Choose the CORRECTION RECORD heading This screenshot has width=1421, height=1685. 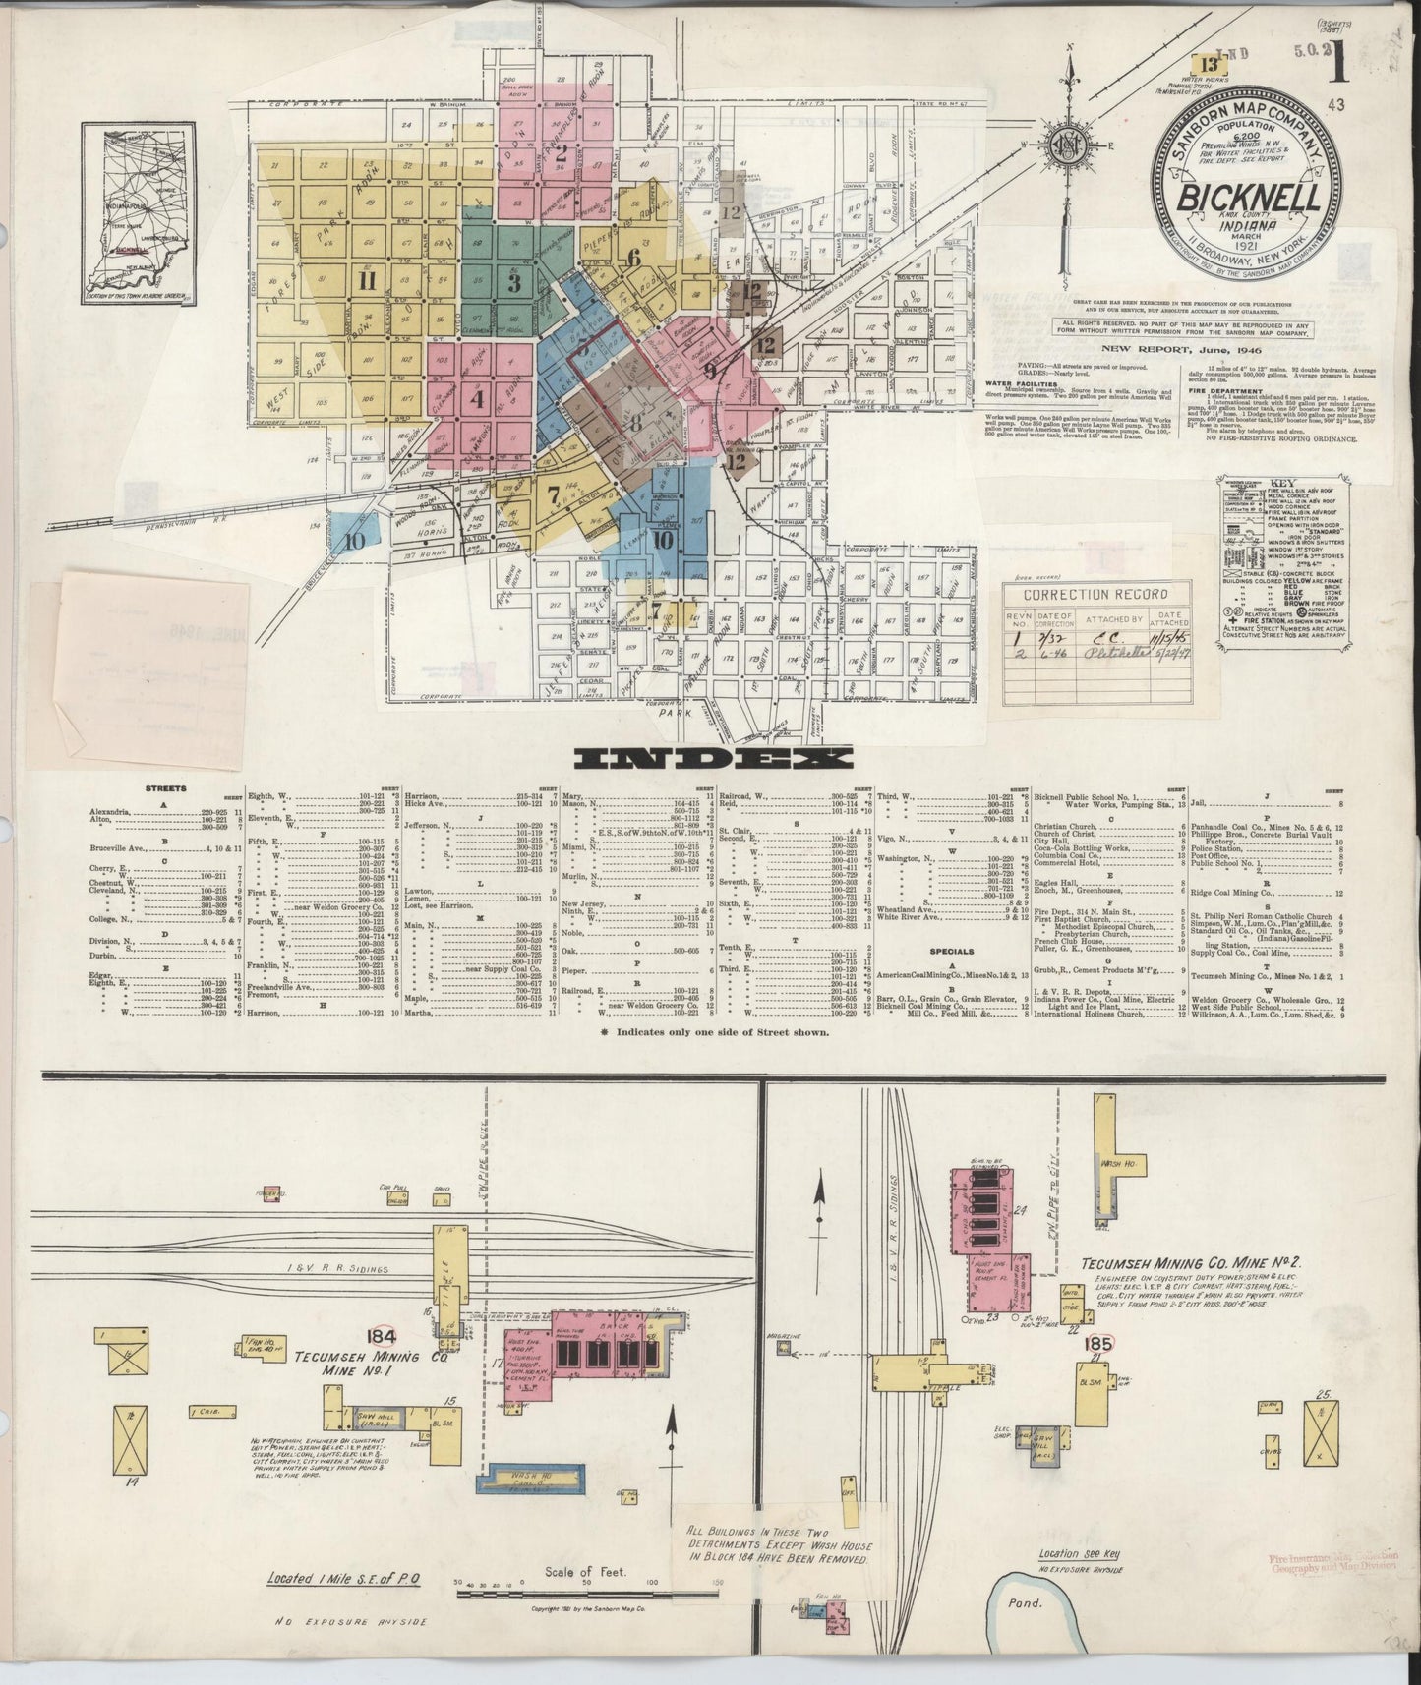(1081, 594)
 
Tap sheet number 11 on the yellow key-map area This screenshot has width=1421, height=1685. (369, 281)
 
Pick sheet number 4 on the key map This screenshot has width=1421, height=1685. (478, 400)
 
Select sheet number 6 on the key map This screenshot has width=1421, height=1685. (634, 258)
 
